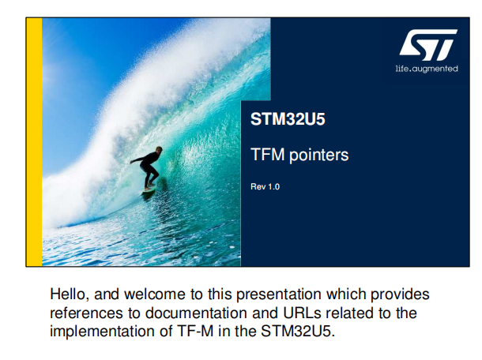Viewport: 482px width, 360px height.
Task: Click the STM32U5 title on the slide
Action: pyautogui.click(x=288, y=119)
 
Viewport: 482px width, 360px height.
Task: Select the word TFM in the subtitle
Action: pyautogui.click(x=267, y=154)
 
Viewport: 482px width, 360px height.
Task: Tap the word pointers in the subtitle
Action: pyautogui.click(x=319, y=155)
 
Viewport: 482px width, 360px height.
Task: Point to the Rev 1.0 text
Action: pyautogui.click(x=265, y=187)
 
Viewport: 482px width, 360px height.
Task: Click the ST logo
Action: pyautogui.click(x=428, y=45)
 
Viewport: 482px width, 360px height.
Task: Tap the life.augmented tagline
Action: pyautogui.click(x=427, y=69)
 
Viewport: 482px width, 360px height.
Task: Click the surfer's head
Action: pyautogui.click(x=159, y=150)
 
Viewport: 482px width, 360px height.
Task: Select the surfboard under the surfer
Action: pyautogui.click(x=149, y=189)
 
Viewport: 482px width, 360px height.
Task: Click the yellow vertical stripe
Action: pyautogui.click(x=34, y=142)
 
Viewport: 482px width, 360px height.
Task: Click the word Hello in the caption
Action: pyautogui.click(x=68, y=294)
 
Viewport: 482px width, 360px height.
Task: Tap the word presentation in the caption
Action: pyautogui.click(x=278, y=295)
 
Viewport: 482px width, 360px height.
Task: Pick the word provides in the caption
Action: pyautogui.click(x=400, y=295)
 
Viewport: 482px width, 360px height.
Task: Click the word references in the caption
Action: pyautogui.click(x=86, y=313)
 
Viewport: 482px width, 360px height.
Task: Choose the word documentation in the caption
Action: pyautogui.click(x=196, y=313)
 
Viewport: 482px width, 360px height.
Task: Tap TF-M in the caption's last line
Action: pyautogui.click(x=195, y=332)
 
